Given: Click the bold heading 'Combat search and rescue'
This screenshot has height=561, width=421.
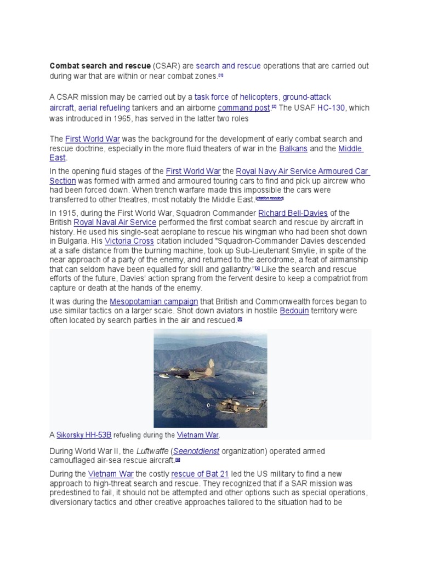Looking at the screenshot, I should [x=100, y=66].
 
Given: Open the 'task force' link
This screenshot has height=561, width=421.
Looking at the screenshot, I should [x=212, y=97].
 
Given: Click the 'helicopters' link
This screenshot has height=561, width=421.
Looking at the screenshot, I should [x=259, y=97].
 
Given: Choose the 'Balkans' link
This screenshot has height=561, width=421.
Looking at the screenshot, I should [x=293, y=148].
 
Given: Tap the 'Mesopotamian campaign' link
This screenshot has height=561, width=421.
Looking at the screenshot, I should [x=153, y=301].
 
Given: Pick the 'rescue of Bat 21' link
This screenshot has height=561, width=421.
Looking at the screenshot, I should [x=202, y=474].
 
